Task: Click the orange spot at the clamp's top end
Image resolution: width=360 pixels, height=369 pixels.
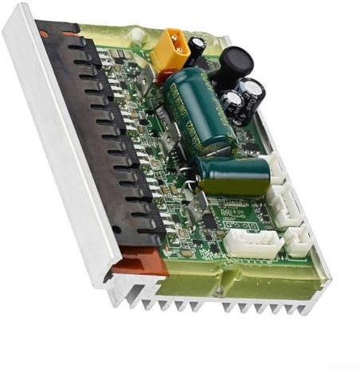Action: pyautogui.click(x=70, y=33)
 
